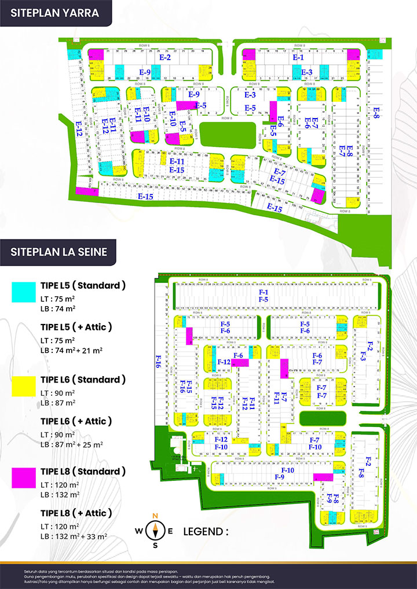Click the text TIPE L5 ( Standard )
(83, 285)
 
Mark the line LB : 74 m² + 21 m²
(72, 350)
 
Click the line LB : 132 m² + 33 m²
(75, 536)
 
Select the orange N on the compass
(155, 516)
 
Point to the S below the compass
(155, 545)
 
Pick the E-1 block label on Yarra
(298, 58)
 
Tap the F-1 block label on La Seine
(264, 293)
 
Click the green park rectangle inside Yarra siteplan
(226, 130)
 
